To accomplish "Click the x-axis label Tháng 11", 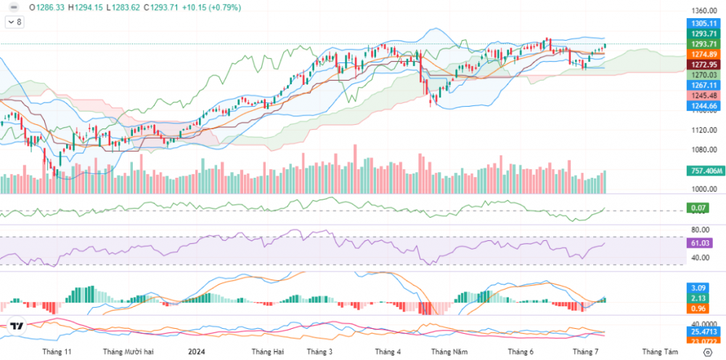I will tap(57, 351).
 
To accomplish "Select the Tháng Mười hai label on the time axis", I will tap(129, 351).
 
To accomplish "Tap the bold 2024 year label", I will tap(197, 351).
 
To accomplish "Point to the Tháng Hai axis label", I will tap(266, 351).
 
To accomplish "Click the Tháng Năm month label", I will tap(449, 351).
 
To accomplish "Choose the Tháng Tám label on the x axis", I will tap(659, 351).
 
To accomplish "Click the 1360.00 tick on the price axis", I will tap(704, 11).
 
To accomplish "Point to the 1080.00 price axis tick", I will tap(704, 150).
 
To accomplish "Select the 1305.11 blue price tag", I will tap(704, 23).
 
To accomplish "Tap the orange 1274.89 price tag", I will tap(704, 54).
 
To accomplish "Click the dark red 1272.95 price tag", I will tap(704, 65).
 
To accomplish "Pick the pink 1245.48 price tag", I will tap(704, 95).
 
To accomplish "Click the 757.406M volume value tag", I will tap(704, 171).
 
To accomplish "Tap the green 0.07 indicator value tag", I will tap(699, 209).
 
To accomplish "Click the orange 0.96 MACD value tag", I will tap(699, 308).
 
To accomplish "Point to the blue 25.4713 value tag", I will tap(704, 332).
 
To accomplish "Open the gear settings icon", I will tap(708, 351).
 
